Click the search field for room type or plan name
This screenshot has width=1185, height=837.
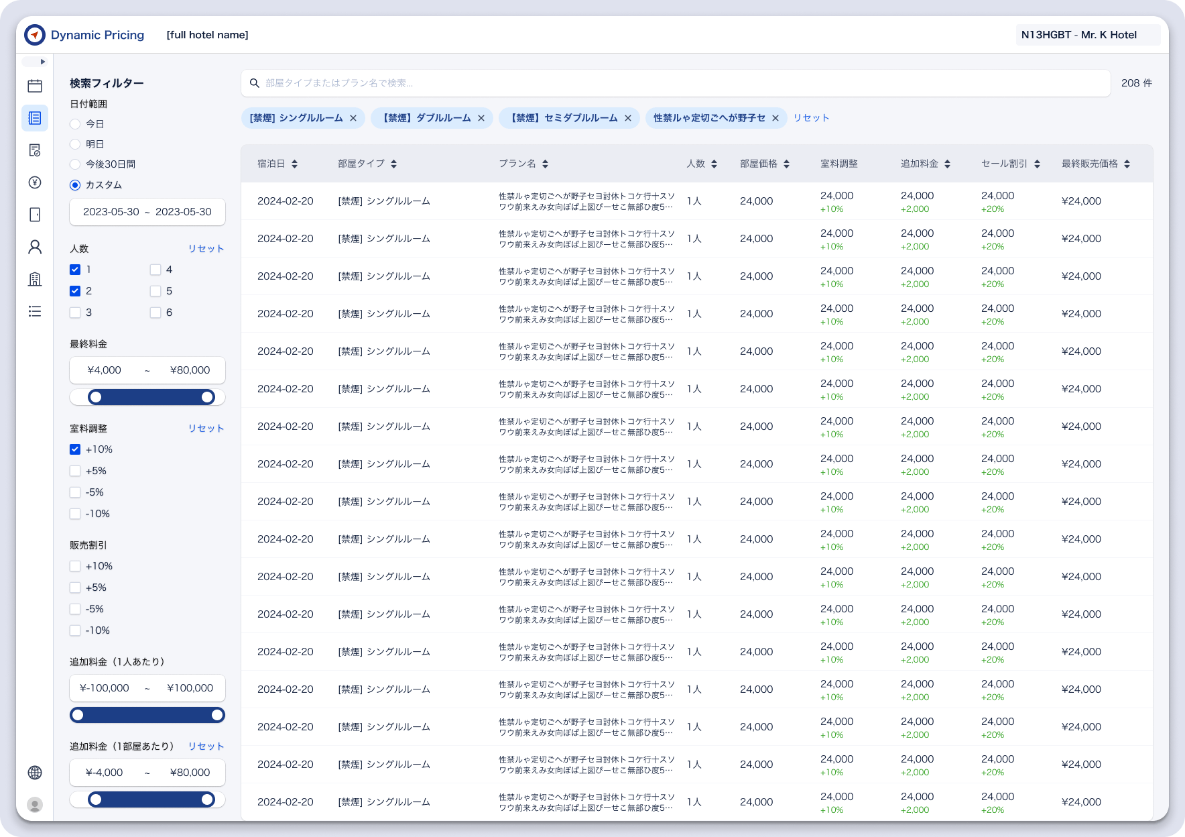[x=676, y=83]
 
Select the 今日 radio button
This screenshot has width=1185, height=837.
[x=75, y=124]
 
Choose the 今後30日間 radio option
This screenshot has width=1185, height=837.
[x=75, y=164]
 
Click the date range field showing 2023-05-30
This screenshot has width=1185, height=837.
[x=147, y=212]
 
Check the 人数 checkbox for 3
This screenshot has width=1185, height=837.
[x=75, y=313]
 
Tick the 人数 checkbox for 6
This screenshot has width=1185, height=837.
[x=155, y=313]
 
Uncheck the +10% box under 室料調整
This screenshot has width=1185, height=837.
[x=75, y=449]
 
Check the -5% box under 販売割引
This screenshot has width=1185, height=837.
[x=75, y=609]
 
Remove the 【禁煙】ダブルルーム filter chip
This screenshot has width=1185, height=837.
[x=481, y=118]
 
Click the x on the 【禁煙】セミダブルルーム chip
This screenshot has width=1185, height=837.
[x=628, y=118]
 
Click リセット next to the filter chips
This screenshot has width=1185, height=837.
[x=812, y=118]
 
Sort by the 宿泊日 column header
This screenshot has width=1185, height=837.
[x=277, y=164]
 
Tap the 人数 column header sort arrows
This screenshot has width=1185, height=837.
[x=714, y=164]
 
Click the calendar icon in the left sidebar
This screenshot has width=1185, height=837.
[x=35, y=86]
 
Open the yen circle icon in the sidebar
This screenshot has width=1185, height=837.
[x=35, y=182]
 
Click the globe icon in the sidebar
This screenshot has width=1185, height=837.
[x=35, y=773]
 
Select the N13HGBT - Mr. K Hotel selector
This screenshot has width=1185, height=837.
[x=1088, y=35]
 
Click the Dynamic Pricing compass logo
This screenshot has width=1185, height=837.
[x=35, y=35]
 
